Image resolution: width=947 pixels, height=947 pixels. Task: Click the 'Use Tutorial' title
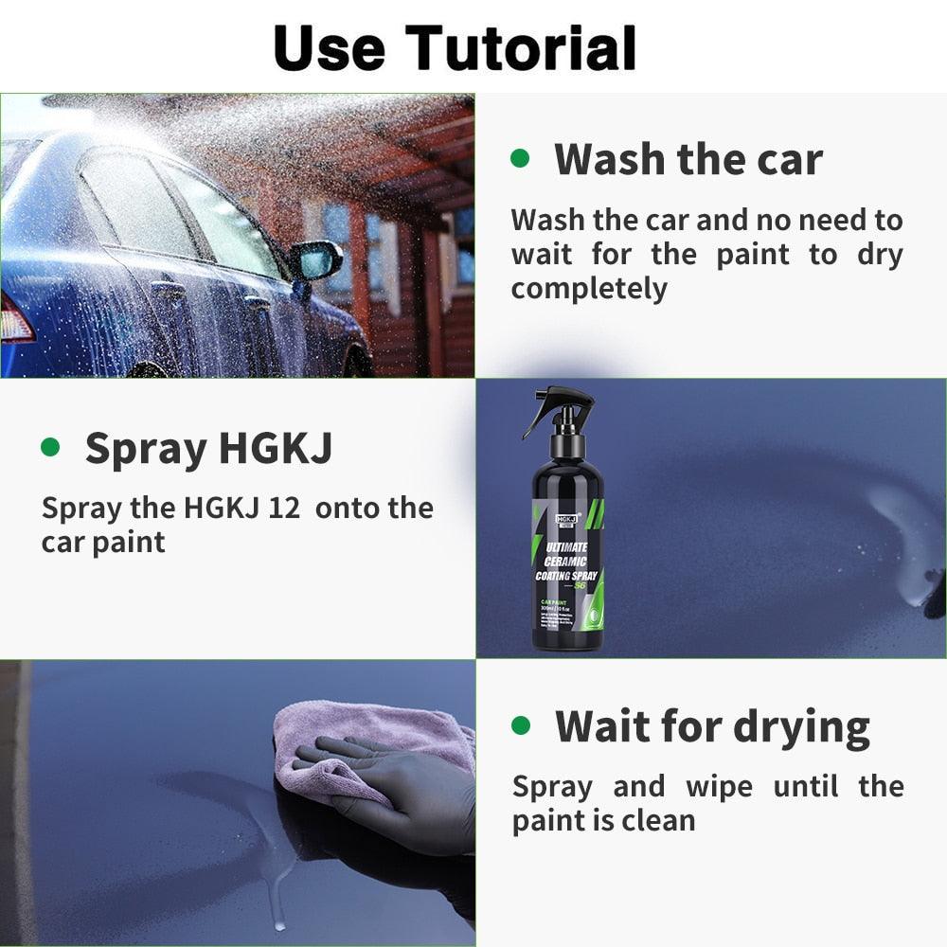455,47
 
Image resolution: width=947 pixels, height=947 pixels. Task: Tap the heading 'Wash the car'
688,158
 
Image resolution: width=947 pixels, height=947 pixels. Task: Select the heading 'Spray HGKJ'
208,448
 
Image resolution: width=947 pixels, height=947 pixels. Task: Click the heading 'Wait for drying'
712,726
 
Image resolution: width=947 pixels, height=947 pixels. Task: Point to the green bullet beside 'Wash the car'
520,157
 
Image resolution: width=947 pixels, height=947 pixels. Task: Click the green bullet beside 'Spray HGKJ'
50,446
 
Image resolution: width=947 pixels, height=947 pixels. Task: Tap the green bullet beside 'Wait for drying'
521,725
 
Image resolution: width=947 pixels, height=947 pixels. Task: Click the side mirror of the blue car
316,259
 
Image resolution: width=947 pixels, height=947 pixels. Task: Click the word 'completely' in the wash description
589,289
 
